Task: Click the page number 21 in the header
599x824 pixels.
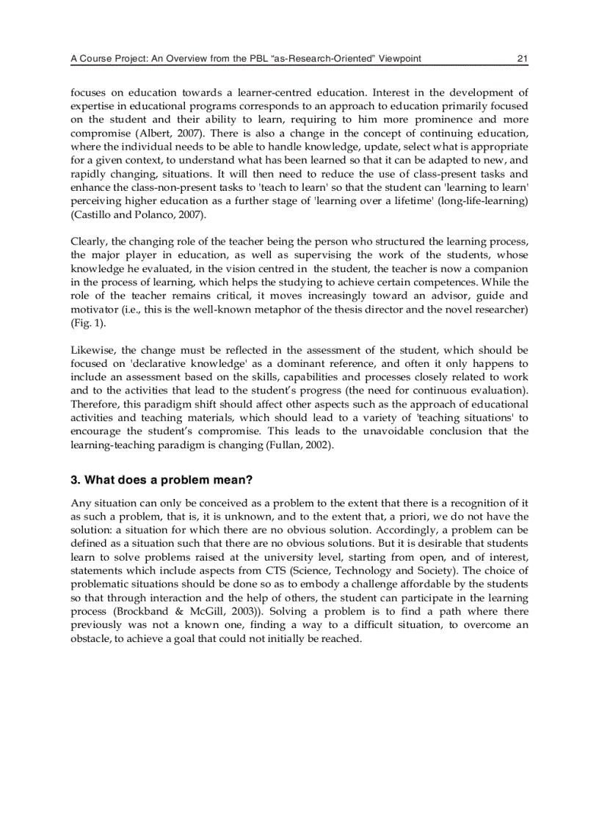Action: (523, 59)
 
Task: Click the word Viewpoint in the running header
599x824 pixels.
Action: (399, 59)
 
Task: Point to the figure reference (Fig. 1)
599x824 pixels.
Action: (84, 323)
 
